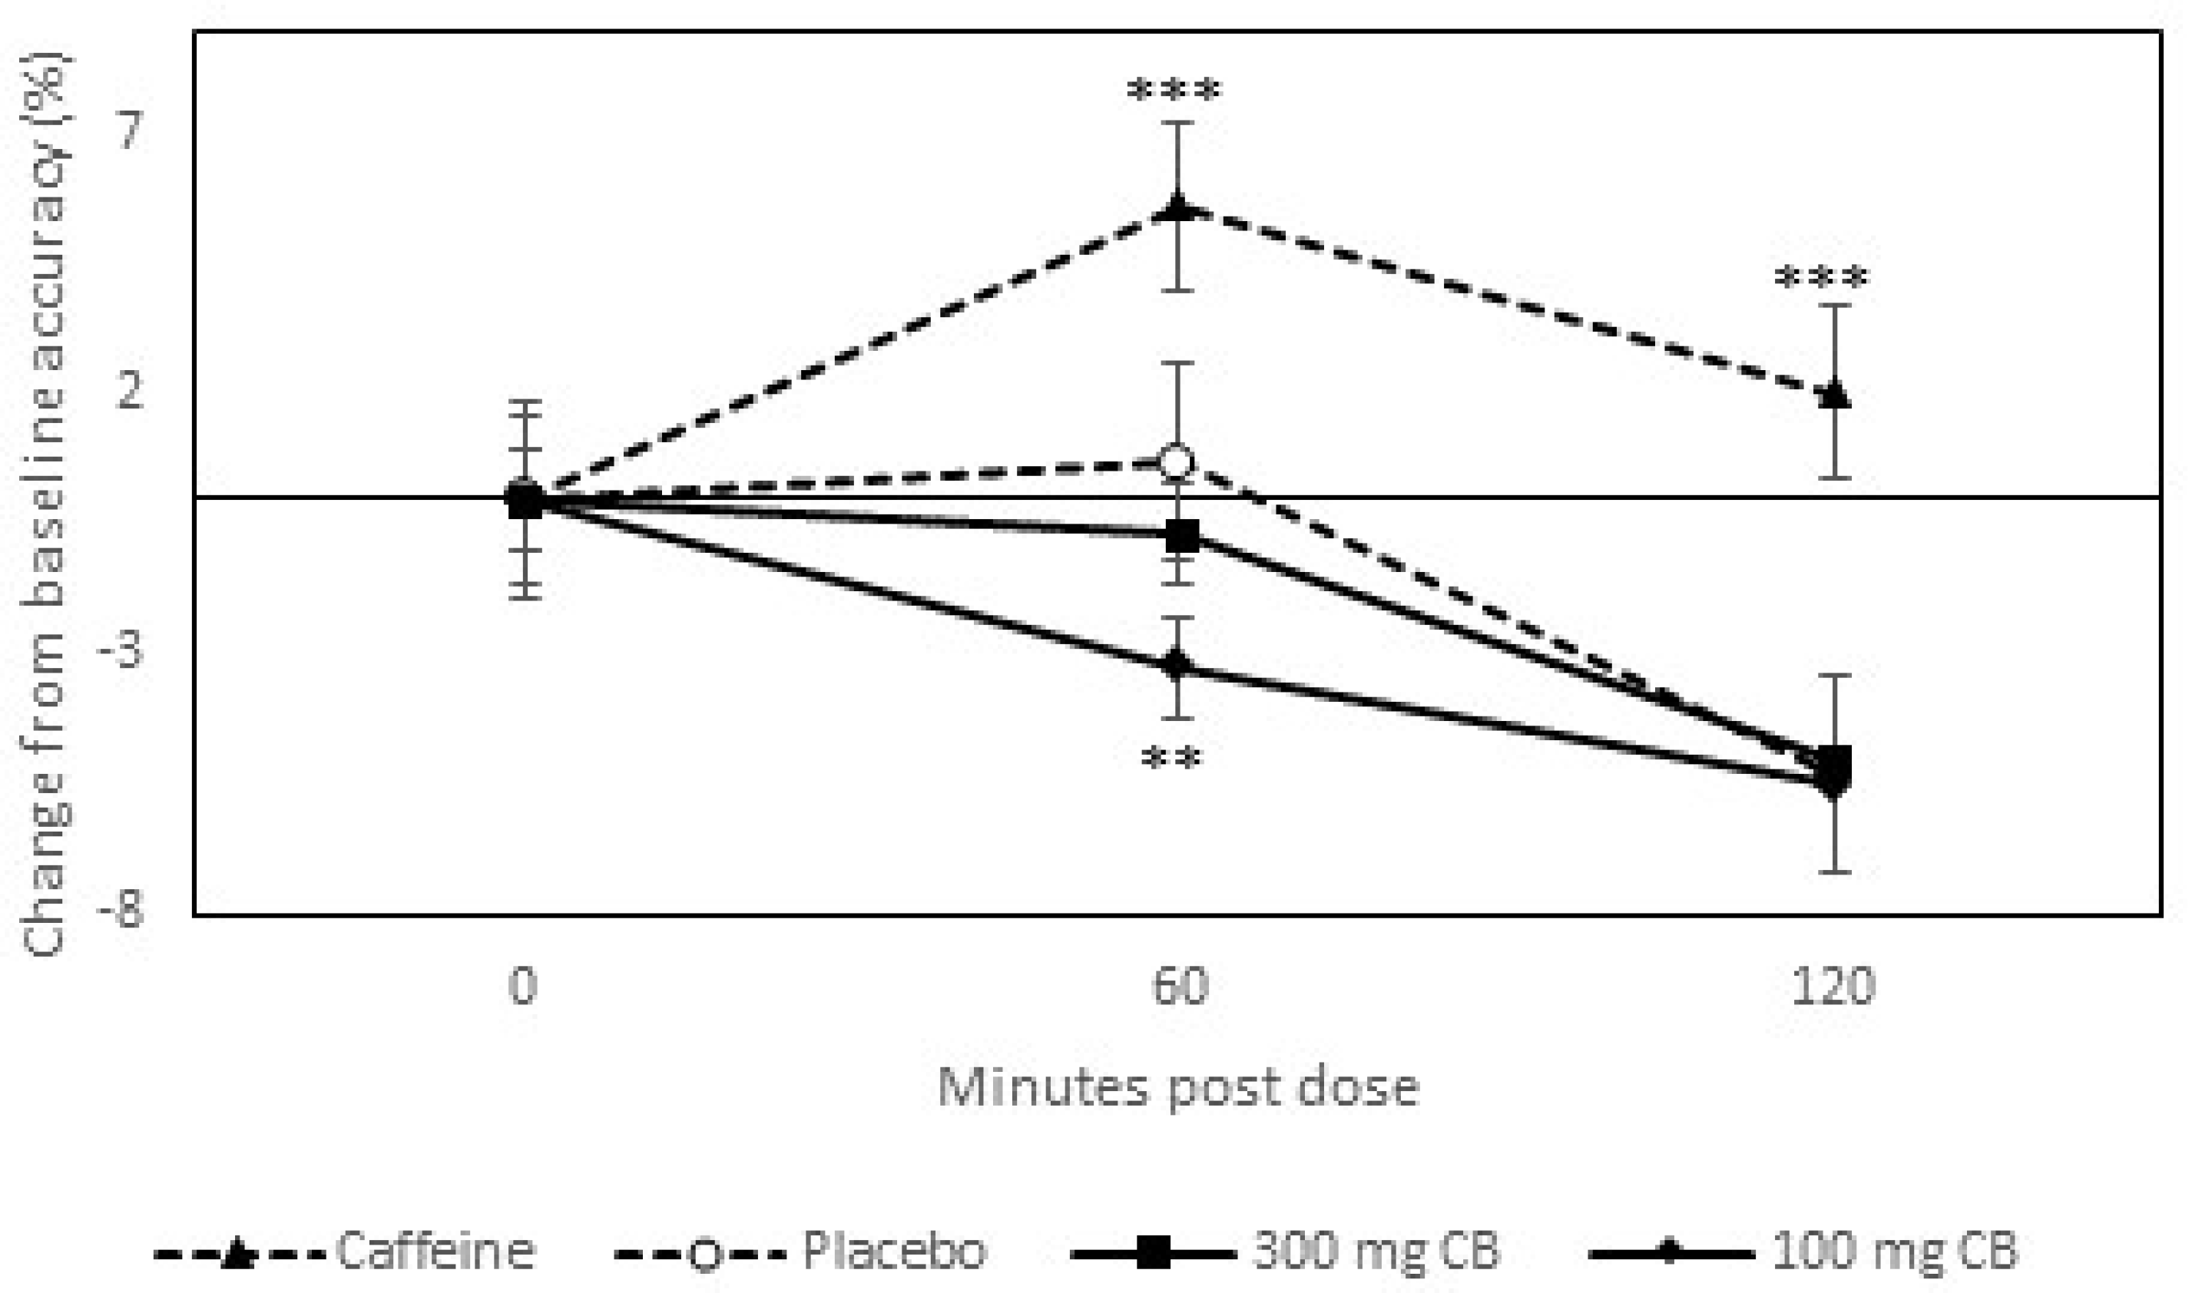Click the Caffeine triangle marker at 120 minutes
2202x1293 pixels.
click(x=1833, y=394)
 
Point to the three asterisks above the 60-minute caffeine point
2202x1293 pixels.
click(x=1174, y=91)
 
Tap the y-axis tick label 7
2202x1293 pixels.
click(x=131, y=133)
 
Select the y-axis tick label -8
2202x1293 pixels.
click(x=122, y=913)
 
